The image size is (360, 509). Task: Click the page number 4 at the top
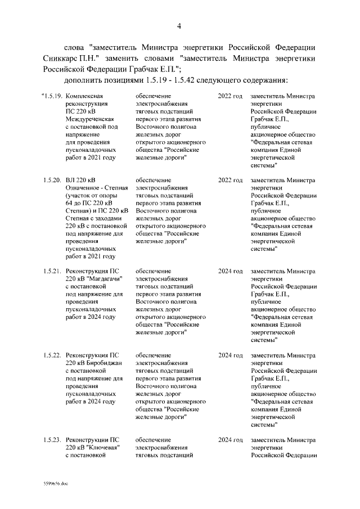(x=179, y=26)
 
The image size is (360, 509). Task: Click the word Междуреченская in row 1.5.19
(x=90, y=119)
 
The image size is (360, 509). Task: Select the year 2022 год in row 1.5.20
(x=231, y=180)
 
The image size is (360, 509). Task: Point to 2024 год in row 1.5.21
(x=231, y=271)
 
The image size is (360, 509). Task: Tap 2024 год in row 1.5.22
(x=231, y=355)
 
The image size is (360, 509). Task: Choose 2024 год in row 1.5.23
(x=231, y=439)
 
